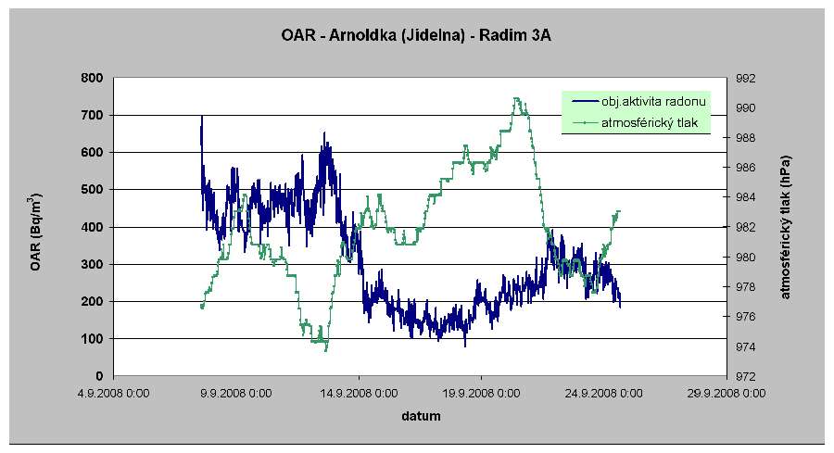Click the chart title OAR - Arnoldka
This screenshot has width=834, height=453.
click(416, 37)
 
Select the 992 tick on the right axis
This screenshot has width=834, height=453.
click(745, 78)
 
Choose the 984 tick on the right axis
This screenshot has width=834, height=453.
click(745, 197)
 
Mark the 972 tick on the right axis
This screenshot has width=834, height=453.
click(745, 376)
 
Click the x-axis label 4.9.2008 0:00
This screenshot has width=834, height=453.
click(113, 393)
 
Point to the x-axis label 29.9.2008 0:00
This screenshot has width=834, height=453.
click(727, 393)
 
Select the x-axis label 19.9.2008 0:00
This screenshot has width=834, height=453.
click(481, 393)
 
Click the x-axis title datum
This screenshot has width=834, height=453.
click(421, 417)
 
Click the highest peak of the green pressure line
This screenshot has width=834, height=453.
click(516, 98)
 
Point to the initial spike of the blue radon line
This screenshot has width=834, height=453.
click(202, 118)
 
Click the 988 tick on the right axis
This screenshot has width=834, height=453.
click(745, 138)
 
